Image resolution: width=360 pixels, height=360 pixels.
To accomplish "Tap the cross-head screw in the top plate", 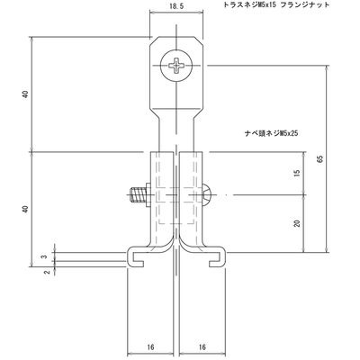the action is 176,66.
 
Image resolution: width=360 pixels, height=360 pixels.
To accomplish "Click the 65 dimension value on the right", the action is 320,159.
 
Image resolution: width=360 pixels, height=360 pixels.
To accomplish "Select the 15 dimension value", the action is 297,173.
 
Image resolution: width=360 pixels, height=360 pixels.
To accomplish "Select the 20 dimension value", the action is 297,223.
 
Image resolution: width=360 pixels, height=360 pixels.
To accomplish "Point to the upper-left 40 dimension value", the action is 26,94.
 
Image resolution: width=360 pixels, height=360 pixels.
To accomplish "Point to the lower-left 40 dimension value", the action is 26,209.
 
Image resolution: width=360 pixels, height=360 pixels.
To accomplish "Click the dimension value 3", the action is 44,256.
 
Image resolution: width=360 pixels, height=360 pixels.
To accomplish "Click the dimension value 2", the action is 47,273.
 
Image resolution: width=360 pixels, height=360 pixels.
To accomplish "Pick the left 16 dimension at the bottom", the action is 151,347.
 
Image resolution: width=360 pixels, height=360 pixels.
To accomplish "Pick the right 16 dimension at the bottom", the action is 202,347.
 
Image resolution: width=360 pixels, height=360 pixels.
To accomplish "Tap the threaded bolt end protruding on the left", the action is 138,195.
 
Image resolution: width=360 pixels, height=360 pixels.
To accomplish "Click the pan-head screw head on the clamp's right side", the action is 207,195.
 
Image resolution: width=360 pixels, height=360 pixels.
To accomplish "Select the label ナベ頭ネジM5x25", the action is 271,133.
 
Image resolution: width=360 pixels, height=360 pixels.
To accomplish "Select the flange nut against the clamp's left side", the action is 148,195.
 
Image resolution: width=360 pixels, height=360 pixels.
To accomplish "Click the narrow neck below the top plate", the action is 176,132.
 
